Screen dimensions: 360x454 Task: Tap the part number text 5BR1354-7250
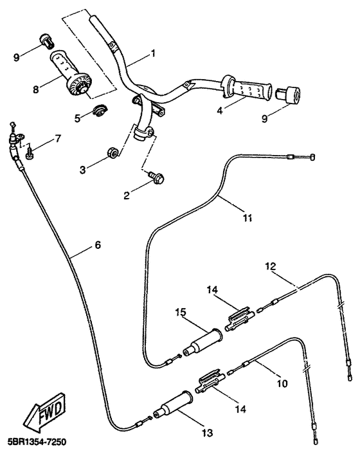[x=33, y=442]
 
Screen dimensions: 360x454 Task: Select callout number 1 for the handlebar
[x=152, y=53]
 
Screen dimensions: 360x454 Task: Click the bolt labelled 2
[x=156, y=177]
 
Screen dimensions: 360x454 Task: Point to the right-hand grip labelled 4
[x=247, y=88]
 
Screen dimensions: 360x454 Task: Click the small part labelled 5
[x=100, y=110]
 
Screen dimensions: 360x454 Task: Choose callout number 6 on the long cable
[x=98, y=245]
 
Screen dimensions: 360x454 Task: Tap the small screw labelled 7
[x=30, y=153]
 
